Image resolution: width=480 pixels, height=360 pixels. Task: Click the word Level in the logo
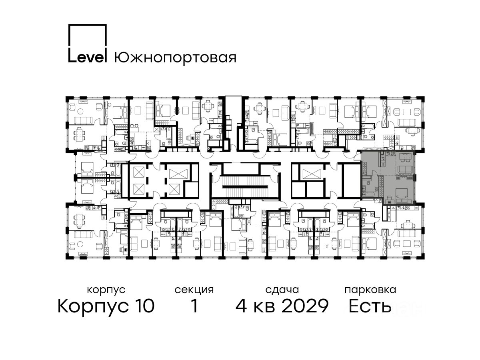tap(88, 58)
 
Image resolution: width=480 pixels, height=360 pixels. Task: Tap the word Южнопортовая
tap(175, 58)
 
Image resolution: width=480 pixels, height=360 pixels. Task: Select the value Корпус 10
tap(106, 306)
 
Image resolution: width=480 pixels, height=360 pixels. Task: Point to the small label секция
tap(194, 290)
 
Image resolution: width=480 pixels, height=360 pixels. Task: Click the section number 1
tap(194, 306)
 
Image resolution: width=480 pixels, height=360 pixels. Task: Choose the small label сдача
tap(282, 290)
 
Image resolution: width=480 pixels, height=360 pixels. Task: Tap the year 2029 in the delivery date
tap(305, 306)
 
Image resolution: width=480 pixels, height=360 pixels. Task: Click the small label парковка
tap(370, 290)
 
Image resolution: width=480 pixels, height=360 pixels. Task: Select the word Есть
tap(370, 306)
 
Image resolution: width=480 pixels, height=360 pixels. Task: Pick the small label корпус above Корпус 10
tap(106, 290)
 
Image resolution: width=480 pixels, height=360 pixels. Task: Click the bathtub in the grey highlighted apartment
tap(368, 194)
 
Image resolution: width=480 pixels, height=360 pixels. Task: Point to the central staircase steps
tap(245, 182)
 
